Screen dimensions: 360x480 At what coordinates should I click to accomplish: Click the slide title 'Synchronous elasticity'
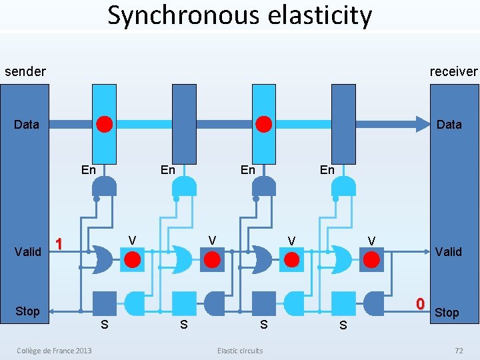click(240, 15)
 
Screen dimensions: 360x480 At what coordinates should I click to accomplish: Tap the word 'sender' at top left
click(25, 71)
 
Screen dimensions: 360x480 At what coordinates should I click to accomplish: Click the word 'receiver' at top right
click(453, 71)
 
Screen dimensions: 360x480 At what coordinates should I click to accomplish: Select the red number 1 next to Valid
click(59, 244)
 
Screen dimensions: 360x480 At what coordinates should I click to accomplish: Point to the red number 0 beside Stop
click(420, 304)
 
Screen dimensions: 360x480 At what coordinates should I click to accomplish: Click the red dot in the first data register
click(105, 124)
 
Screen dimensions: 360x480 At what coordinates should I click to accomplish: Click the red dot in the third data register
click(264, 124)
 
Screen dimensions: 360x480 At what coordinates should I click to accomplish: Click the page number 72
click(458, 351)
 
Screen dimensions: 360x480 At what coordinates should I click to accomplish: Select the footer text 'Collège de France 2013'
click(55, 351)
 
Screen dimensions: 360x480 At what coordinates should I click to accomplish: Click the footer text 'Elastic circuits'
click(240, 351)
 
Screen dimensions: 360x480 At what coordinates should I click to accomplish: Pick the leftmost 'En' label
click(88, 170)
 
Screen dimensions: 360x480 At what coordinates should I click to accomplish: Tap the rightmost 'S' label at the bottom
click(343, 325)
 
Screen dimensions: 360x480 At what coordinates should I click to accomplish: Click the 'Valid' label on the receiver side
click(448, 251)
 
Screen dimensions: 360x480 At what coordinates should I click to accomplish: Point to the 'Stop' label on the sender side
click(27, 311)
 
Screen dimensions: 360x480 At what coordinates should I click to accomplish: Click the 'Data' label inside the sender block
click(27, 125)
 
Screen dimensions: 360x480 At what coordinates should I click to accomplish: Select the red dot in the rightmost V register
click(371, 259)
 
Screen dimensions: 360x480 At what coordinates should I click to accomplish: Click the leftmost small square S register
click(104, 303)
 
